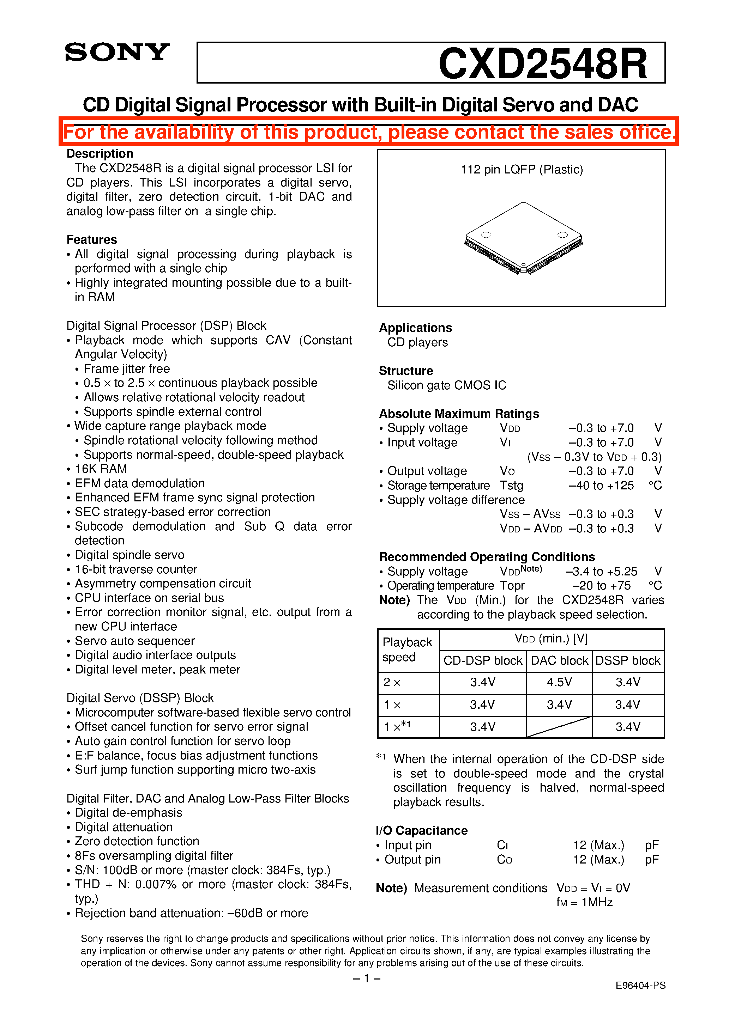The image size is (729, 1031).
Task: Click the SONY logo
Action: point(117,53)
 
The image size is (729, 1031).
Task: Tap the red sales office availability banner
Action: point(368,132)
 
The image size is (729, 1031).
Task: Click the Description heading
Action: point(100,154)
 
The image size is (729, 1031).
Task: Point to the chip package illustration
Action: point(523,238)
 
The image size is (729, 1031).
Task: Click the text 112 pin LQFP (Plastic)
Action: point(522,169)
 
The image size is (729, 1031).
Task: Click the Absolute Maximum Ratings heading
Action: point(459,414)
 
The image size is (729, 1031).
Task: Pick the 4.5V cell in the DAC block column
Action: point(559,682)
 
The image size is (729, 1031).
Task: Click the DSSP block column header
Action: point(628,660)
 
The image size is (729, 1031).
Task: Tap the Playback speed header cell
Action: point(408,650)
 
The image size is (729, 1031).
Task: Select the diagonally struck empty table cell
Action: point(559,727)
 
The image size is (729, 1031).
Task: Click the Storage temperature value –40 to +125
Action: point(601,486)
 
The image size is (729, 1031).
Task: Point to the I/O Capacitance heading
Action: point(422,830)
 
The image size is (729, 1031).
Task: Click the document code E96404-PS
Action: point(640,985)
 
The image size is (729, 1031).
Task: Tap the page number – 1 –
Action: point(367,978)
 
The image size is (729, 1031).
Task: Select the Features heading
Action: point(92,239)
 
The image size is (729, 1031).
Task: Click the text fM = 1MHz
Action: point(584,902)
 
